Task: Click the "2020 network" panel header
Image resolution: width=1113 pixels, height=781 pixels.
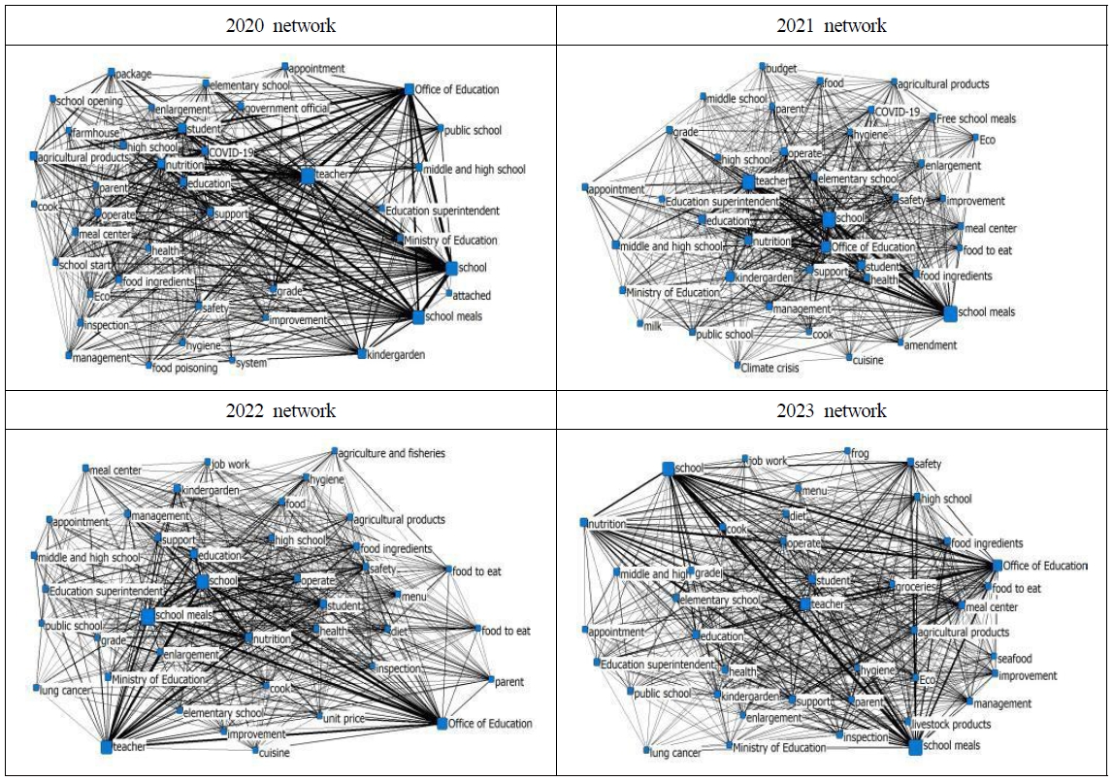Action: (x=280, y=26)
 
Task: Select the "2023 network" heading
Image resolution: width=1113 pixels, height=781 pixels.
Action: (x=832, y=411)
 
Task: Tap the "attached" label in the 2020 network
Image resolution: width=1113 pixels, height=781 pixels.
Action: (x=473, y=295)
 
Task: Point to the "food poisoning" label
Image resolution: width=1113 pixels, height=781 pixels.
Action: (x=185, y=369)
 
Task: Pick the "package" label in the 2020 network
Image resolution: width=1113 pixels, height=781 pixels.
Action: (x=134, y=74)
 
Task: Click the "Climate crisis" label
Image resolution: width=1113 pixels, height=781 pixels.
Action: (x=775, y=368)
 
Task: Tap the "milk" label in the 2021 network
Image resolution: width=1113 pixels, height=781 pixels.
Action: (x=653, y=326)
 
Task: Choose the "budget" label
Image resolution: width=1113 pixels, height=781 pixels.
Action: (x=781, y=69)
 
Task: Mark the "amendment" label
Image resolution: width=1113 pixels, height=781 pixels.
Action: (x=931, y=344)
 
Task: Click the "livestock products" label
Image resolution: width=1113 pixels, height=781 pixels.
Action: (x=952, y=724)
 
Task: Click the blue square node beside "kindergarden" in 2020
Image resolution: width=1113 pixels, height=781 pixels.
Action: (x=361, y=354)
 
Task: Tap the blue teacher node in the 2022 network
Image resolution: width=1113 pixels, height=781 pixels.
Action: (x=106, y=747)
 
